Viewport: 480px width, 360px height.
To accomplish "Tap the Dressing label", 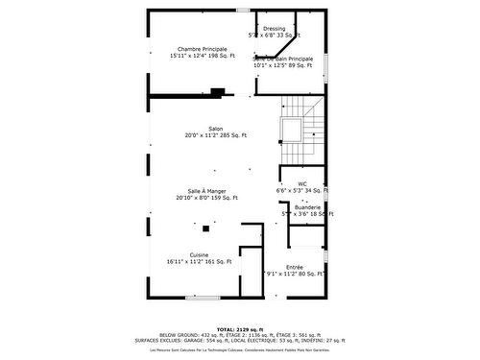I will coord(274,29).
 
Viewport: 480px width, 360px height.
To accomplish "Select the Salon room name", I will coord(216,129).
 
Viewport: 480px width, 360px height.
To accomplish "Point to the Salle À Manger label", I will coord(206,190).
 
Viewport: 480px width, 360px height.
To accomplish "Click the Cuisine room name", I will coord(199,253).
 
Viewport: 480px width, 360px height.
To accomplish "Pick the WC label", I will coord(301,182).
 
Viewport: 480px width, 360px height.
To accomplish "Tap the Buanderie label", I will coord(308,207).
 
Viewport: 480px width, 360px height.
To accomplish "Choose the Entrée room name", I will coord(295,267).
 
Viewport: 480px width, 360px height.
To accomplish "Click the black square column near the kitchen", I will coord(205,228).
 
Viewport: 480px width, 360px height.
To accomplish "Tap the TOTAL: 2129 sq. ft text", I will coord(239,327).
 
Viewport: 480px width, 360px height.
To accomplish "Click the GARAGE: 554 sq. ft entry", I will coord(225,339).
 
